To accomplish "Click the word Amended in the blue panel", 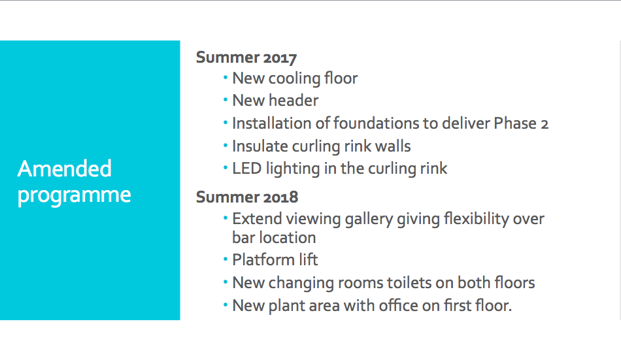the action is [65, 169].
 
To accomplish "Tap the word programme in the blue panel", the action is [74, 195].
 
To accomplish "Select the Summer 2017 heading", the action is [246, 57].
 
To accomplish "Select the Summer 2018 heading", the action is [247, 197].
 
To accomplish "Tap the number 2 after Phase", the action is [545, 124].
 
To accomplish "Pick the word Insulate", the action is [260, 146].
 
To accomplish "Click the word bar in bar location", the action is [241, 238].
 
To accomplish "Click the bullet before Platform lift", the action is [226, 260].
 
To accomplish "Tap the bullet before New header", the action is [226, 100].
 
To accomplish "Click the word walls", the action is [393, 146].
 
